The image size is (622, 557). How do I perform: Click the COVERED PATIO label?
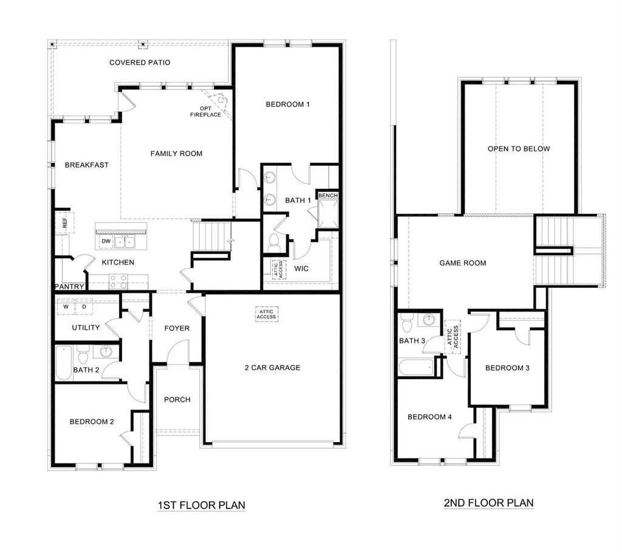pos(140,63)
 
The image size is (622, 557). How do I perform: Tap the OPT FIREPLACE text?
pos(205,112)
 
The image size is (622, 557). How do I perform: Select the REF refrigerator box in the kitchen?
pos(64,224)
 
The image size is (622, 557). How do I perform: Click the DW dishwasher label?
pos(106,241)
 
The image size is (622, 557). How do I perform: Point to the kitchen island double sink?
pos(125,241)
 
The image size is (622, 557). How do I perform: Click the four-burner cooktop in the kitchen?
pos(118,281)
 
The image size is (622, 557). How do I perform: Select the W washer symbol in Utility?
pos(66,307)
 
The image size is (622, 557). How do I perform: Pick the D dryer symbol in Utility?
pos(84,307)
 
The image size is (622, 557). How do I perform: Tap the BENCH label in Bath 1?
pos(328,196)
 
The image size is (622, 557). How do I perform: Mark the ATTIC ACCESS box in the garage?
pos(266,314)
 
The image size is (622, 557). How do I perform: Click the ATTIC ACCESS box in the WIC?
pos(279,269)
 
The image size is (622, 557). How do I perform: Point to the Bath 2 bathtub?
pos(63,363)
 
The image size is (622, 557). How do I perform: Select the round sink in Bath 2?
pos(106,352)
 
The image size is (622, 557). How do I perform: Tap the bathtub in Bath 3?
pos(417,367)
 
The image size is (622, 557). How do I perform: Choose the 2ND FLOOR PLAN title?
pos(489,503)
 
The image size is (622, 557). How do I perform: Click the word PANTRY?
pos(69,287)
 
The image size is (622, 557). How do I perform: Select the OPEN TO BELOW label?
pos(519,149)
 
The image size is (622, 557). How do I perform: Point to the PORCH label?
pos(177,400)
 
